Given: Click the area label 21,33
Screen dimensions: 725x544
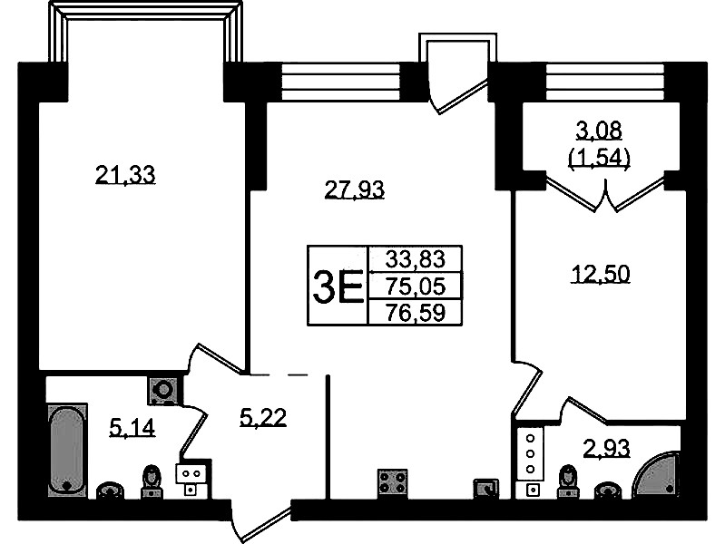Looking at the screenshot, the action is pyautogui.click(x=125, y=175).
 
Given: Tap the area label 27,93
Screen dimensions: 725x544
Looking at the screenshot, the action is pyautogui.click(x=355, y=189).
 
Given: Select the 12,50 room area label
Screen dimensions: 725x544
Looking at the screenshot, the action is pyautogui.click(x=601, y=274).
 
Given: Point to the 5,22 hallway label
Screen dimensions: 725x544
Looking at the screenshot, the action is pyautogui.click(x=263, y=417).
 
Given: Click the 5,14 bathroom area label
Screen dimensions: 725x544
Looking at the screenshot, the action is pyautogui.click(x=132, y=427).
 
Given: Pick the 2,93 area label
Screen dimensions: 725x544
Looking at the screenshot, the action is pyautogui.click(x=607, y=448).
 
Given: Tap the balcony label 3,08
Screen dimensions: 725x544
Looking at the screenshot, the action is pyautogui.click(x=599, y=131).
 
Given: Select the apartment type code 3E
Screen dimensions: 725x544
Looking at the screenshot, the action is pyautogui.click(x=338, y=287).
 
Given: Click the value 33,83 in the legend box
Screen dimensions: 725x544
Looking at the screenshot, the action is pyautogui.click(x=416, y=258).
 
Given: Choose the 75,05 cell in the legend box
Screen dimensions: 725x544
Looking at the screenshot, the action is pyautogui.click(x=416, y=287).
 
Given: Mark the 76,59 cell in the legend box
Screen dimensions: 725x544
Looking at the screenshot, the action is pyautogui.click(x=416, y=313).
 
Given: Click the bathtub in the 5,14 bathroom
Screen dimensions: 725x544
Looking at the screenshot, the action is pyautogui.click(x=67, y=450).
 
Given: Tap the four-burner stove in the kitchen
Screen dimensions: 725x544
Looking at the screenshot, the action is pyautogui.click(x=393, y=483).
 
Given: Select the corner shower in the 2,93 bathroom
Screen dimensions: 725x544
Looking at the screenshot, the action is pyautogui.click(x=657, y=475).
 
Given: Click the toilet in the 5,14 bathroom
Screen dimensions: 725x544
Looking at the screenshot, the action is pyautogui.click(x=152, y=482).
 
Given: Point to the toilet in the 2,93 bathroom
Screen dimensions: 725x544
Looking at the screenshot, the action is pyautogui.click(x=567, y=482).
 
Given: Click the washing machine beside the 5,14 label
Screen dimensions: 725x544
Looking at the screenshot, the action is pyautogui.click(x=163, y=391).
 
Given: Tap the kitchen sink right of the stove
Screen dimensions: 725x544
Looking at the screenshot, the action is pyautogui.click(x=486, y=489).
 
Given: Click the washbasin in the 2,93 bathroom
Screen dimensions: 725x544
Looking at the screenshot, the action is pyautogui.click(x=606, y=491).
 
